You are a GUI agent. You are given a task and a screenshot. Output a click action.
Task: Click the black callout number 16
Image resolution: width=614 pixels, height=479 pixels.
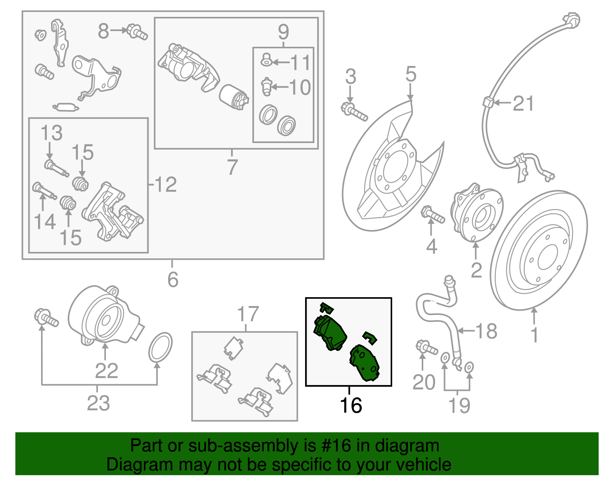351,405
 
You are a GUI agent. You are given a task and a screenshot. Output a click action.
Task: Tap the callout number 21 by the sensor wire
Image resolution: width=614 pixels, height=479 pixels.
523,104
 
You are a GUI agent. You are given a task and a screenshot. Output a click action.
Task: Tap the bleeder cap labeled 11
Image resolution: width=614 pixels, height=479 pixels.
266,60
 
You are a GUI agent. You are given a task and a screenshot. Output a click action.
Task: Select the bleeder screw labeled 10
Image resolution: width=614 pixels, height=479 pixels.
266,87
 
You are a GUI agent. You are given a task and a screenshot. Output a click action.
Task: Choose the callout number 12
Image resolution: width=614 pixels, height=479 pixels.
166,185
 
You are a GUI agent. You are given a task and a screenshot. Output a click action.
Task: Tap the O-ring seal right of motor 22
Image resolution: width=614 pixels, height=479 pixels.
160,347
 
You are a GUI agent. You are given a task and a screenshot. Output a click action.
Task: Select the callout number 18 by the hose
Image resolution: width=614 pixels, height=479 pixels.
486,331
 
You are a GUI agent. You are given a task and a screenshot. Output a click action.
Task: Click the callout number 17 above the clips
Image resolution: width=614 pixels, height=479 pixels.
248,314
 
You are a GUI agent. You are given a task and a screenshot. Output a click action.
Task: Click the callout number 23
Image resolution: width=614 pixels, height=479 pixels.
98,403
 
